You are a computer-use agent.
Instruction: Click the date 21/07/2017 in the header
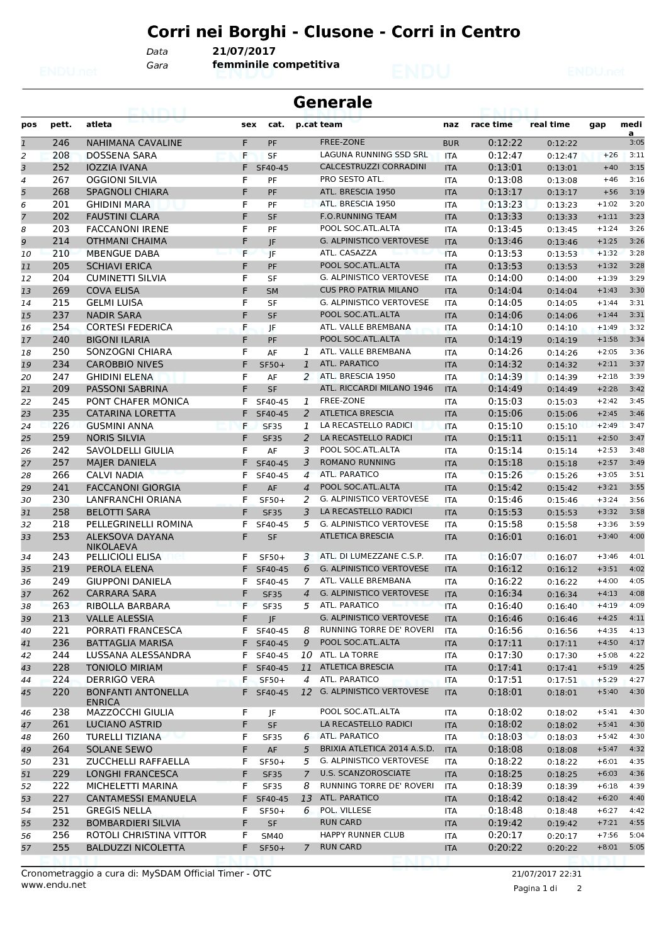click(x=244, y=52)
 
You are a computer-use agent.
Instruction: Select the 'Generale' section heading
click(x=333, y=102)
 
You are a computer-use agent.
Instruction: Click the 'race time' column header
click(x=492, y=125)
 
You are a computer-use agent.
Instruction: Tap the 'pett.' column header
click(x=61, y=125)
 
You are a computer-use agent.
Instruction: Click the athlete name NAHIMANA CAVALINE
click(x=134, y=143)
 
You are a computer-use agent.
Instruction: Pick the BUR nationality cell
click(x=451, y=143)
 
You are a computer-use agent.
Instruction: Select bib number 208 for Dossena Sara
click(x=61, y=155)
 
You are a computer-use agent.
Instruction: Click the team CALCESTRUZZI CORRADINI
click(x=373, y=167)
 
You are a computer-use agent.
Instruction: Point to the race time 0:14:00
click(x=505, y=278)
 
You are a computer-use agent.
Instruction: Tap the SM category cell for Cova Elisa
click(x=272, y=291)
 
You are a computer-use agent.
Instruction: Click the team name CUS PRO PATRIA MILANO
click(x=370, y=290)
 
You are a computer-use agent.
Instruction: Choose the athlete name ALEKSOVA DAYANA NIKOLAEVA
click(x=130, y=542)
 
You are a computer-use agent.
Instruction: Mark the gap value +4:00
click(x=607, y=581)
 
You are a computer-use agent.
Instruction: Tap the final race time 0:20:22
click(x=505, y=848)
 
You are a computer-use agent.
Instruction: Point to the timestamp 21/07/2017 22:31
click(x=546, y=873)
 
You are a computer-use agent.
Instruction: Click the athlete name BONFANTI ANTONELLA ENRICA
click(x=137, y=697)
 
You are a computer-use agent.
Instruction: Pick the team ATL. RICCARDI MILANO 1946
click(x=376, y=388)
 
